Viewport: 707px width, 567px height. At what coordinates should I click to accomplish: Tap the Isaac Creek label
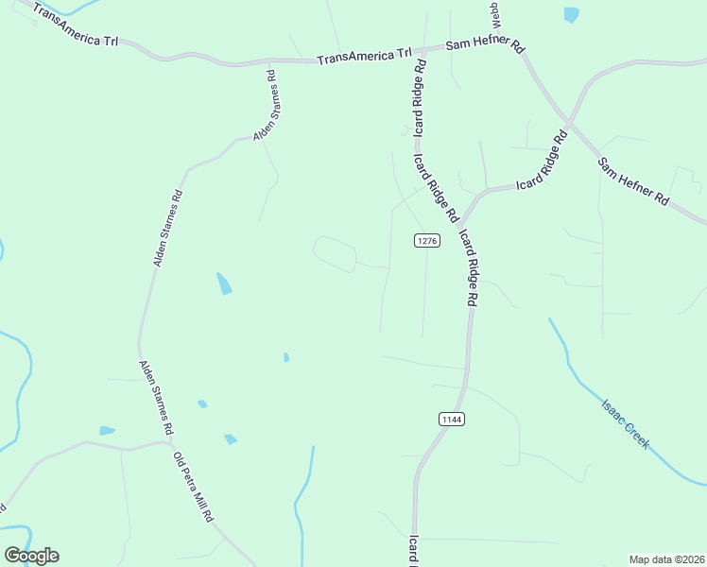pos(626,424)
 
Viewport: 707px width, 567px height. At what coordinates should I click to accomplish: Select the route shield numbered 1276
pos(427,241)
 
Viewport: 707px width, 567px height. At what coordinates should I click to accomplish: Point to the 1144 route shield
pos(451,419)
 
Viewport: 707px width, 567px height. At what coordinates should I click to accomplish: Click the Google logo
pos(31,556)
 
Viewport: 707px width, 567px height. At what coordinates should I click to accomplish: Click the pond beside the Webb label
pos(571,14)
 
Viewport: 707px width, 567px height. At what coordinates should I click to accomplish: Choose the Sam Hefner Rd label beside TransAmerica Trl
pos(485,46)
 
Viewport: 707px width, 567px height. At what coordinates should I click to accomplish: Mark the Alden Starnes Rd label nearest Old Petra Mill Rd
pos(156,397)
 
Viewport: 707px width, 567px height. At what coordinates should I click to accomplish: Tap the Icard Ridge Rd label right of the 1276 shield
pos(466,267)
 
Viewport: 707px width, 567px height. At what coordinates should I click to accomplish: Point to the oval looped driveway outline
pos(335,254)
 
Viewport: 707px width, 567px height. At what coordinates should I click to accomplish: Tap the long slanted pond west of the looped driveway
pos(224,283)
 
